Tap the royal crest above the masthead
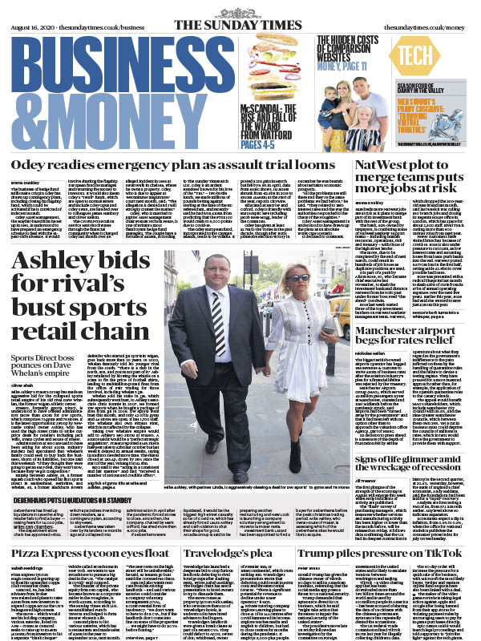[x=240, y=8]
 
